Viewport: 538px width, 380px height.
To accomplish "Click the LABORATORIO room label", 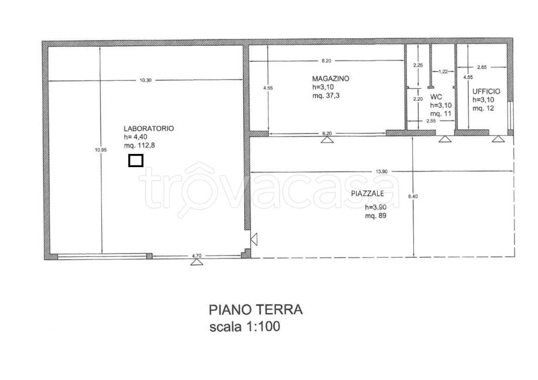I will pos(149,128).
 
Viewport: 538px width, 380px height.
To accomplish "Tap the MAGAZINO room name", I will pos(330,78).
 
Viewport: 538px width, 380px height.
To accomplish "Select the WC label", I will pos(436,97).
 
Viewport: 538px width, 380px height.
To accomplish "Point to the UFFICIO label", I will pos(486,91).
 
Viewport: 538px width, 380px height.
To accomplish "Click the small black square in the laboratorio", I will pos(136,160).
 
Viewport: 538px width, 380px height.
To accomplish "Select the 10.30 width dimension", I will pos(145,80).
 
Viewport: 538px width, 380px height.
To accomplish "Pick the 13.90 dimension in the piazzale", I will pos(381,171).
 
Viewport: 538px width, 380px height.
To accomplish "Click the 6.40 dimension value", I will pos(413,197).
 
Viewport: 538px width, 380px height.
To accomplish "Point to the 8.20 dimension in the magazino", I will pos(326,60).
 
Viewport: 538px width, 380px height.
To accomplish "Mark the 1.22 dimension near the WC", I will pos(443,71).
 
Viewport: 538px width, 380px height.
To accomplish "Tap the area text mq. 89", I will pos(376,215).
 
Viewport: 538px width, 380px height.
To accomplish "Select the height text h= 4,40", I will pos(136,137).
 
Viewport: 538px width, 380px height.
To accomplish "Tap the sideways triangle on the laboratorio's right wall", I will pos(254,240).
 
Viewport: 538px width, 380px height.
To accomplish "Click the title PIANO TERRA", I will pos(255,309).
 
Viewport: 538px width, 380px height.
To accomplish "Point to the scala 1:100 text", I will pos(245,327).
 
